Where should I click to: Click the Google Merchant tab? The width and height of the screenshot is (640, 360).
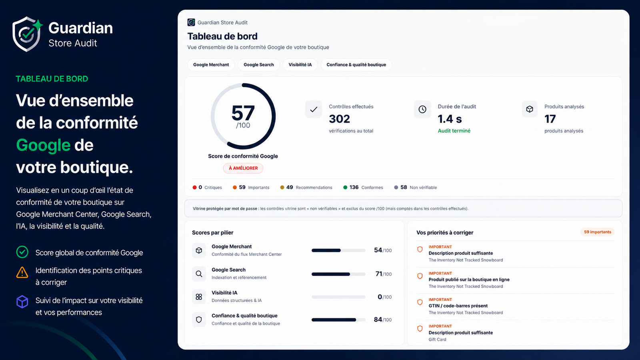click(x=211, y=64)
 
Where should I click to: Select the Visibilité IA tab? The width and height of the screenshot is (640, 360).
click(x=300, y=64)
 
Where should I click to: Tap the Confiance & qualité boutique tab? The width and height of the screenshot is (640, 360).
click(x=356, y=64)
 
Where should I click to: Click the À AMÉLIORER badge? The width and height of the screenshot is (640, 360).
click(x=243, y=168)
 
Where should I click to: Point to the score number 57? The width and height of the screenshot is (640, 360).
click(x=243, y=113)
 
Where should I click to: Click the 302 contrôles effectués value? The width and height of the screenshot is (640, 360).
click(x=340, y=119)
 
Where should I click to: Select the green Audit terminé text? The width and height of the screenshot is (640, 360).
click(x=454, y=131)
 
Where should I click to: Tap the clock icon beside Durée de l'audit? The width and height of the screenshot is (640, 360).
click(x=422, y=109)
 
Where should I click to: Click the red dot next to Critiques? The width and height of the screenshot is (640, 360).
click(x=194, y=188)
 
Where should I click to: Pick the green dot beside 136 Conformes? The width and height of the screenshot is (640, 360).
click(x=345, y=188)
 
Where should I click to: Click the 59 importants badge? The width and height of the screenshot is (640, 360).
click(x=598, y=232)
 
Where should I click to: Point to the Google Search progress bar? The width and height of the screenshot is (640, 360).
click(x=338, y=274)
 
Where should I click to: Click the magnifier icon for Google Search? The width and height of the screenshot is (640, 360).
click(x=199, y=274)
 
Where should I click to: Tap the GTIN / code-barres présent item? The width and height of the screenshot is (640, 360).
click(x=458, y=306)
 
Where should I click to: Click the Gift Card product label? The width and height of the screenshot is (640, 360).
click(x=437, y=340)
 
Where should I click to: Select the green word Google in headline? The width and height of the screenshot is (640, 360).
click(x=43, y=145)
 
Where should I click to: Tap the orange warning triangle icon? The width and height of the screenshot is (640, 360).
click(x=22, y=272)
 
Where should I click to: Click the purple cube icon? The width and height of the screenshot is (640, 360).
click(x=22, y=302)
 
